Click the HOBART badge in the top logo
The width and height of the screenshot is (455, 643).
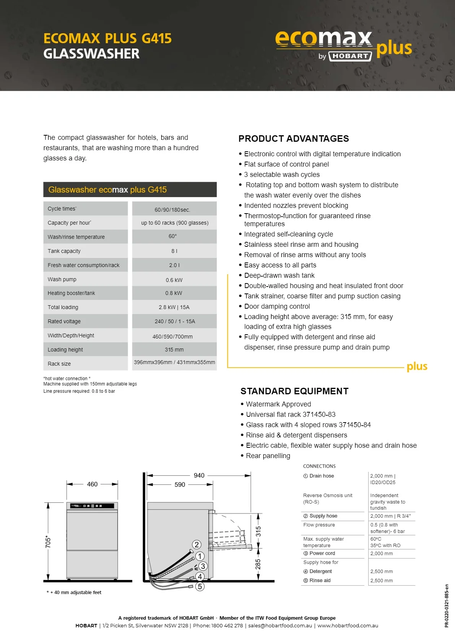tap(350, 56)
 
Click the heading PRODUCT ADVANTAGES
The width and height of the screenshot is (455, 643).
tap(294, 139)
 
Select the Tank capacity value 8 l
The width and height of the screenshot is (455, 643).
tap(174, 251)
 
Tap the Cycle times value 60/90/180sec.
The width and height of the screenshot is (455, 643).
tap(172, 210)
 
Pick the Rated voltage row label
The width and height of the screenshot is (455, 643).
tap(64, 321)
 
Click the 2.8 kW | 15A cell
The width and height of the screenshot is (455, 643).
tap(174, 307)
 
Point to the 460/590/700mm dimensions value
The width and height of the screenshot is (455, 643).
tap(172, 337)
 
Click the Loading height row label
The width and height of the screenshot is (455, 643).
tap(65, 350)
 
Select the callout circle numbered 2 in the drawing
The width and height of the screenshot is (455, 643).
tap(197, 544)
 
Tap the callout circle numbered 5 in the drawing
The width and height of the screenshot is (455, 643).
tap(200, 586)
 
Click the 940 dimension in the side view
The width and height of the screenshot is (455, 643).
tap(199, 475)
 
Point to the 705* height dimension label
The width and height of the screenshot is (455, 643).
tap(48, 541)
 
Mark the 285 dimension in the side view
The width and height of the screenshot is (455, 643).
tap(258, 564)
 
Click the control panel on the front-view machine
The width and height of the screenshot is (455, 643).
tap(92, 506)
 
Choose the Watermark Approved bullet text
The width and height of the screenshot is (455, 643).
tap(278, 404)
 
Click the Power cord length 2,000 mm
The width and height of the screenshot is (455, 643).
tap(382, 554)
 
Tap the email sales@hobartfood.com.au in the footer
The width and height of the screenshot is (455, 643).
tap(280, 625)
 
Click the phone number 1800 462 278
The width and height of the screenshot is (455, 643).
tap(227, 625)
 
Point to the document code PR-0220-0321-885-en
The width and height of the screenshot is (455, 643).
tap(447, 606)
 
